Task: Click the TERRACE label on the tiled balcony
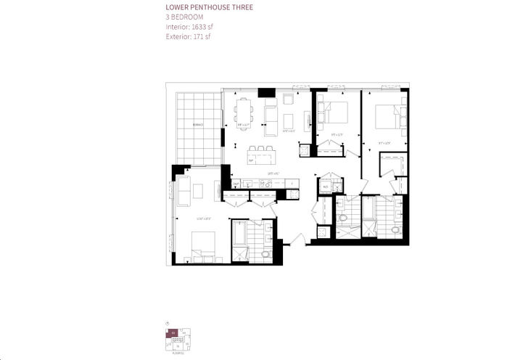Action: tap(198, 125)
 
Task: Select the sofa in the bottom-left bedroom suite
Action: tap(184, 190)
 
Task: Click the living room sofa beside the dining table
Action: tap(271, 113)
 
